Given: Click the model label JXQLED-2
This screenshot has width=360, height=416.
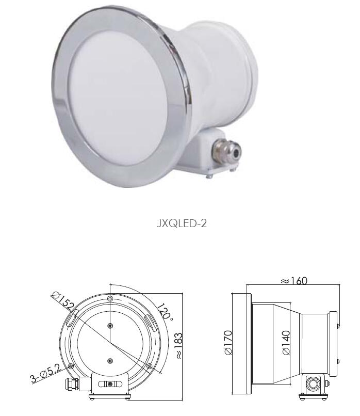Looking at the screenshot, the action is click(182, 223).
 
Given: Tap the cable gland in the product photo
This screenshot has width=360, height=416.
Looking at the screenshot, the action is click(227, 150).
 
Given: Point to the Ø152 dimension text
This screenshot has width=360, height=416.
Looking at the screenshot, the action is click(63, 301).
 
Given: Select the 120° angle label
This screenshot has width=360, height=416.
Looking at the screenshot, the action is click(165, 312).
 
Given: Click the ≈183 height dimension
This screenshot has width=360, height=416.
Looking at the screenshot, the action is click(178, 346).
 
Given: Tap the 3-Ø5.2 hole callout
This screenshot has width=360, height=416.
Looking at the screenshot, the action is click(46, 374).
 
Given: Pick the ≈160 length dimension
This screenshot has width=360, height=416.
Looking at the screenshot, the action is click(294, 280).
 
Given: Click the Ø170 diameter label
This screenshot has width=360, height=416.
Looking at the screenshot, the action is click(228, 342).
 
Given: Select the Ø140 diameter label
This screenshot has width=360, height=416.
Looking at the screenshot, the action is click(286, 343).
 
